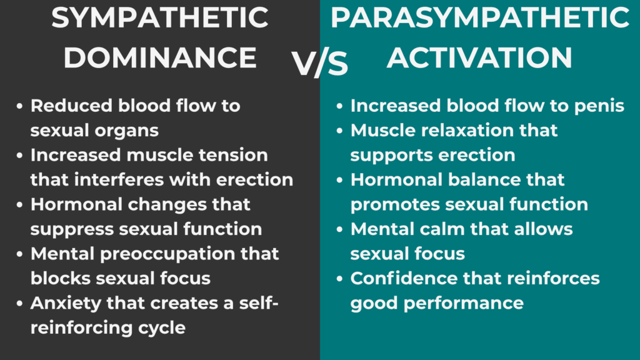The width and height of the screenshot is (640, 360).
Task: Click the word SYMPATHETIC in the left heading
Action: coord(160,19)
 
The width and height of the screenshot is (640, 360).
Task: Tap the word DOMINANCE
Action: coord(160,58)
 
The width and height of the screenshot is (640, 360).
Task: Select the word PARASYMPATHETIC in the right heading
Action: coord(479,19)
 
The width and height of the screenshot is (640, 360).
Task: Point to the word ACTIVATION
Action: coord(479,58)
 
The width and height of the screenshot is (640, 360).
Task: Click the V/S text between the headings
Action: coord(320,64)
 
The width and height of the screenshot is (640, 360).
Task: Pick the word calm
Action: coord(440,229)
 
